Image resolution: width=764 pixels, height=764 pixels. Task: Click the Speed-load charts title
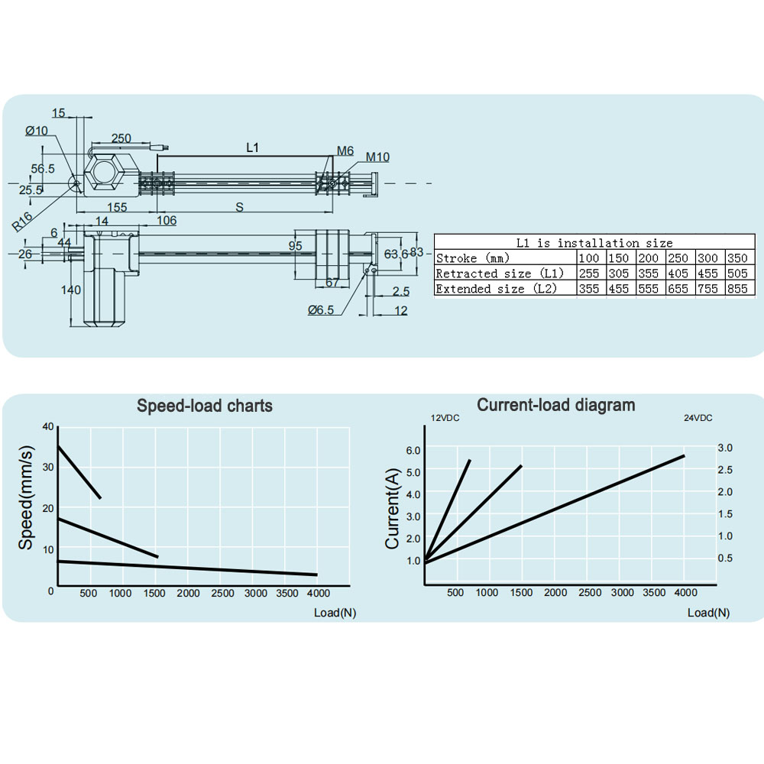click(204, 406)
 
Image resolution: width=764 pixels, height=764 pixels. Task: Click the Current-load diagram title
click(556, 405)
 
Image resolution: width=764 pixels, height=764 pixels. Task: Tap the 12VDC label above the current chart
click(445, 418)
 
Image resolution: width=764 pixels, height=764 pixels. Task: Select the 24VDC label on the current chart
click(698, 418)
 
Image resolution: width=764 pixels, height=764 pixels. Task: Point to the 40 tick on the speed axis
click(48, 427)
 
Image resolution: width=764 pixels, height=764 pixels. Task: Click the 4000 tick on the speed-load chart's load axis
click(319, 593)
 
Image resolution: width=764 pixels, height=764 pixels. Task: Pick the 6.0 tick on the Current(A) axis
click(413, 450)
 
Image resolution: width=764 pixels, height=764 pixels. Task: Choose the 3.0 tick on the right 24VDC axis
click(725, 448)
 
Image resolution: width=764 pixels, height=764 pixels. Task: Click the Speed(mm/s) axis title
click(26, 497)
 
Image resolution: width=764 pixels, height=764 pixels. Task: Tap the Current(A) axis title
click(392, 509)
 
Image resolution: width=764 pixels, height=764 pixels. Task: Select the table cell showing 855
click(737, 289)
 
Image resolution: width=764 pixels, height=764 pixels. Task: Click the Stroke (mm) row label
click(473, 257)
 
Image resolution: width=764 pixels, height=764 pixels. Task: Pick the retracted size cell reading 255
click(588, 274)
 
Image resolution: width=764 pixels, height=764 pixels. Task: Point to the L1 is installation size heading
click(594, 243)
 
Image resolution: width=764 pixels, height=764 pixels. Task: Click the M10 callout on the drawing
click(377, 157)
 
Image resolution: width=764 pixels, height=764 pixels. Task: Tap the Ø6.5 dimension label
click(321, 310)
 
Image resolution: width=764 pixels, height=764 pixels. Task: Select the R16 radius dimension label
click(22, 222)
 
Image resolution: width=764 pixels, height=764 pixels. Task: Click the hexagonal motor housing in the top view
click(109, 172)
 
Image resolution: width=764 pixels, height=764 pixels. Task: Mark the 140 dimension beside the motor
click(70, 290)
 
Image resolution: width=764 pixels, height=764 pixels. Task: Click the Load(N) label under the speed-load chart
click(335, 613)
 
